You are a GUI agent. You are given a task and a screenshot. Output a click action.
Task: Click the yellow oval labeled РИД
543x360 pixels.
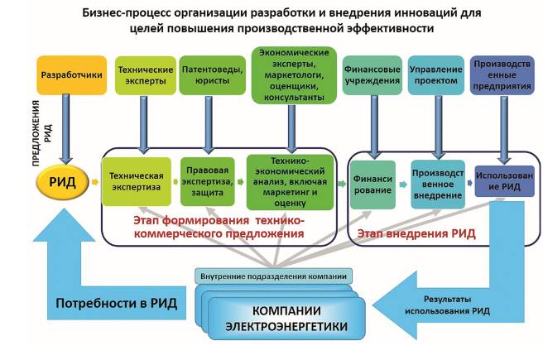click(x=60, y=182)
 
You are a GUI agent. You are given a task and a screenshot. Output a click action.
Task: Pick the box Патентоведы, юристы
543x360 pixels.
click(x=211, y=75)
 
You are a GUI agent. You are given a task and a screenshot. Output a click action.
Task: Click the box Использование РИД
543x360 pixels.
click(x=499, y=183)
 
